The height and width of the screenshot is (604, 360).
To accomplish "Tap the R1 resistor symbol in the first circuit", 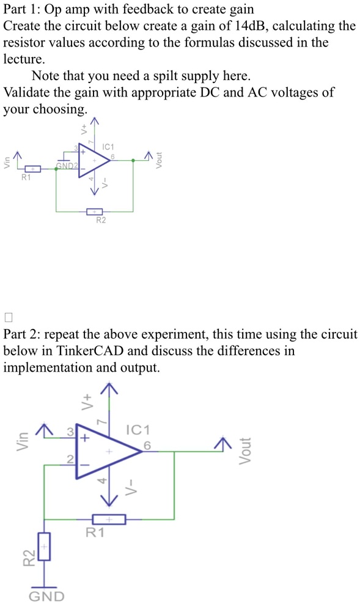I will coord(33,169).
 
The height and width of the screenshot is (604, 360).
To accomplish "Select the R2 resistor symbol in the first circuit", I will coord(94,212).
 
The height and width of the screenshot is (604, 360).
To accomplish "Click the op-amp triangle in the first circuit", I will coord(90,161).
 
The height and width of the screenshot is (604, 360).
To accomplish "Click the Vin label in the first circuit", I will coord(7,163).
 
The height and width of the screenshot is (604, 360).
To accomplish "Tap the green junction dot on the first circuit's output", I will coord(134,160).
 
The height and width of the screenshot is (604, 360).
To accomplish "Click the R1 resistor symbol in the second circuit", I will coord(109,519).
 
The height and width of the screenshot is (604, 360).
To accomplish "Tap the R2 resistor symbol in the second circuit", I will coord(44,547).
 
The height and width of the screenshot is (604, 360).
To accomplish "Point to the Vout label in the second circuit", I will coord(244,451).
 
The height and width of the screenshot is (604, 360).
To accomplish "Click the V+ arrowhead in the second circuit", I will coord(110,386).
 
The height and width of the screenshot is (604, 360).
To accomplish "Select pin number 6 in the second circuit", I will coord(147,445).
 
